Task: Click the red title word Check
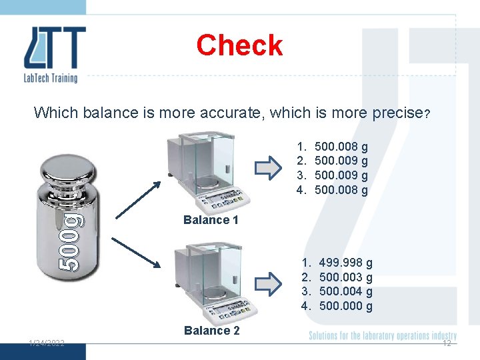pos(239,45)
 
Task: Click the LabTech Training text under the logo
pos(51,78)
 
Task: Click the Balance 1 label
pos(210,220)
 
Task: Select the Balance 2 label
pos(211,330)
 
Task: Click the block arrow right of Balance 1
pos(269,168)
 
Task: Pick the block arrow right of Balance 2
pos(269,283)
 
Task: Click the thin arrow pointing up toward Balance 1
pos(138,199)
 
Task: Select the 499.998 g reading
pos(346,263)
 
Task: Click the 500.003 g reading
pos(346,277)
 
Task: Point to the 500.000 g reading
pos(346,307)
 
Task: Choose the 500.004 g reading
pos(346,292)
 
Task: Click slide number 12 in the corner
pos(447,343)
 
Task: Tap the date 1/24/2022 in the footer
pos(46,343)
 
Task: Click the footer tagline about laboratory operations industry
pos(383,335)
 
